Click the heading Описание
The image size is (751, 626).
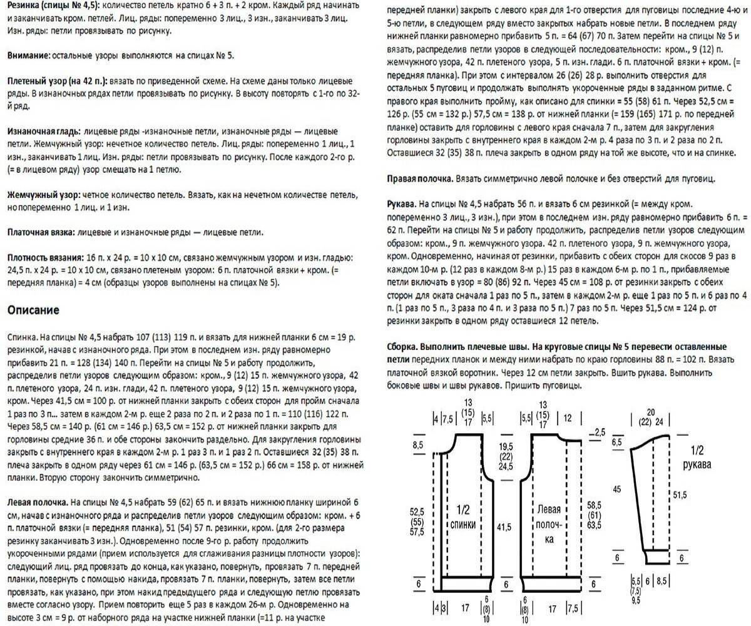tap(33, 310)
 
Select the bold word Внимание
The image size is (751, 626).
tap(28, 56)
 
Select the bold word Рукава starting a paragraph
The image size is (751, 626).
tap(398, 205)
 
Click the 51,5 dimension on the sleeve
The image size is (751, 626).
tap(680, 495)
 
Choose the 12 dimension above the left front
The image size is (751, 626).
tap(568, 418)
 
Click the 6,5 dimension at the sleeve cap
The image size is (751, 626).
tap(617, 442)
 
